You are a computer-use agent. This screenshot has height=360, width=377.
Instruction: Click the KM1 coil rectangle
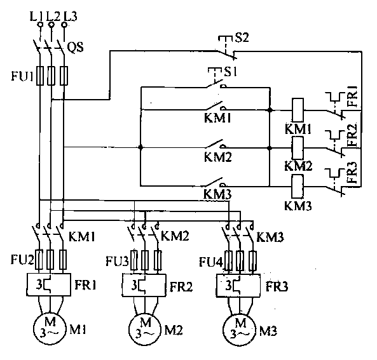[x=298, y=110]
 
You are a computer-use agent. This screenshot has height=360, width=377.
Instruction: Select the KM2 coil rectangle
[x=298, y=148]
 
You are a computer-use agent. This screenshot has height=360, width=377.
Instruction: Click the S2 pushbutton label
[x=242, y=37]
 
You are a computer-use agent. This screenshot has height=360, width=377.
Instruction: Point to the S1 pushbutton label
[x=230, y=72]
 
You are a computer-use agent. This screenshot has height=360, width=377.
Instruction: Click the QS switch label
[x=75, y=47]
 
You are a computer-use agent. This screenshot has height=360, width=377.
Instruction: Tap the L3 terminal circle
[x=64, y=25]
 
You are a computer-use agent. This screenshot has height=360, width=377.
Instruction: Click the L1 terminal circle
[x=41, y=25]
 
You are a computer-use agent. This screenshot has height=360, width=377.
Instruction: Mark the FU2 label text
[x=22, y=260]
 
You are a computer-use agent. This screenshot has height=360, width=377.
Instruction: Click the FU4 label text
[x=211, y=262]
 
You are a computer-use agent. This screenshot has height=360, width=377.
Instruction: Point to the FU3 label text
[x=118, y=262]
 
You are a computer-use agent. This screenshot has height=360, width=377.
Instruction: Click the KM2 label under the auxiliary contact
[x=218, y=157]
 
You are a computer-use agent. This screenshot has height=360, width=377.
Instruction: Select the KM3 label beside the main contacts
[x=270, y=237]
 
